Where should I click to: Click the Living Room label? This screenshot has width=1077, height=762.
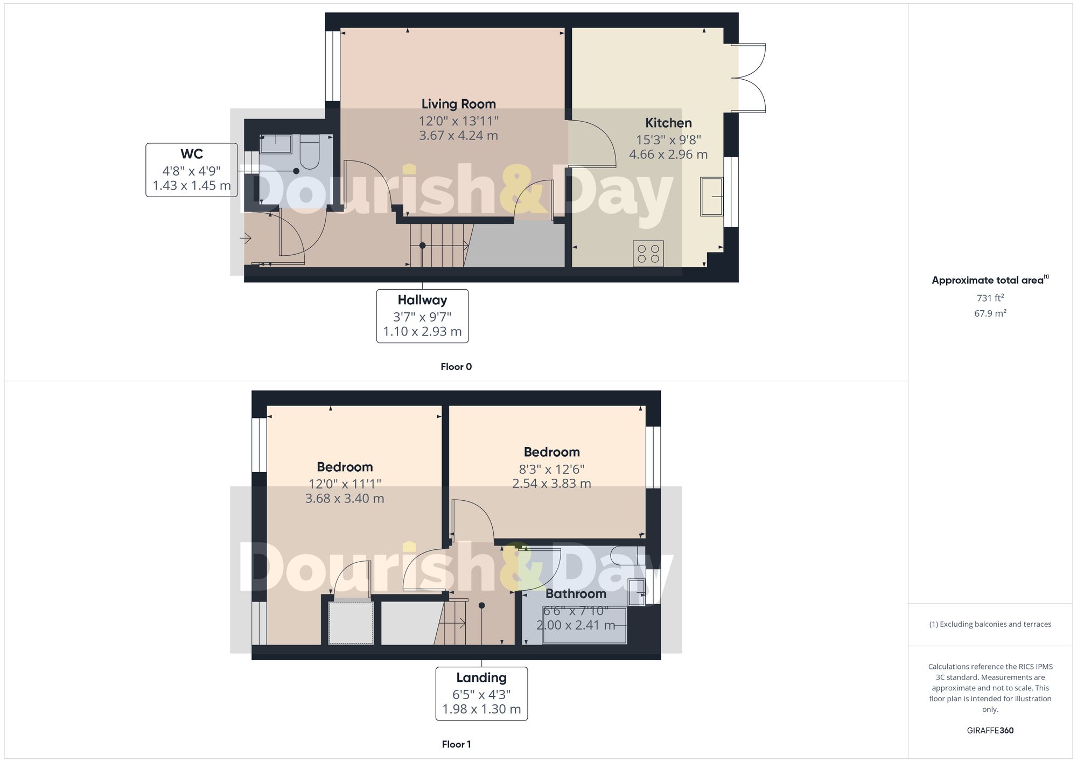[458, 104]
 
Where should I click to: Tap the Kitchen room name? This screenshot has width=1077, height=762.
[668, 123]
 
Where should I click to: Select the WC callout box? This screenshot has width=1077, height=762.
[192, 170]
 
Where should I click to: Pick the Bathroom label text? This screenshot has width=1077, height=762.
[576, 594]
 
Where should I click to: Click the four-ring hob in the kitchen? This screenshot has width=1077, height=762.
[648, 254]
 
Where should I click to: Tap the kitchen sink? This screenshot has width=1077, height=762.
[712, 197]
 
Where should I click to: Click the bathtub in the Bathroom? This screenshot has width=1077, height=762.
[584, 625]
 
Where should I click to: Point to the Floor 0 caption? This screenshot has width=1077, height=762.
[456, 367]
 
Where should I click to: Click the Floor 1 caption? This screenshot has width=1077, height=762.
[456, 744]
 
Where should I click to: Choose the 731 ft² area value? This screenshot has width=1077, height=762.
[990, 298]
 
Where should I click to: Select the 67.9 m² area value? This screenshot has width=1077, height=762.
[990, 313]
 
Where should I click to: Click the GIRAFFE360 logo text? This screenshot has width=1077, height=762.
[990, 730]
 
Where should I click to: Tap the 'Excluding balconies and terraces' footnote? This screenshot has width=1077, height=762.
[990, 624]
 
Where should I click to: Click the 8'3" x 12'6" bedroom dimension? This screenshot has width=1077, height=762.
[551, 469]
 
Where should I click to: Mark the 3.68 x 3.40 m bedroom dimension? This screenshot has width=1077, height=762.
[345, 499]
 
